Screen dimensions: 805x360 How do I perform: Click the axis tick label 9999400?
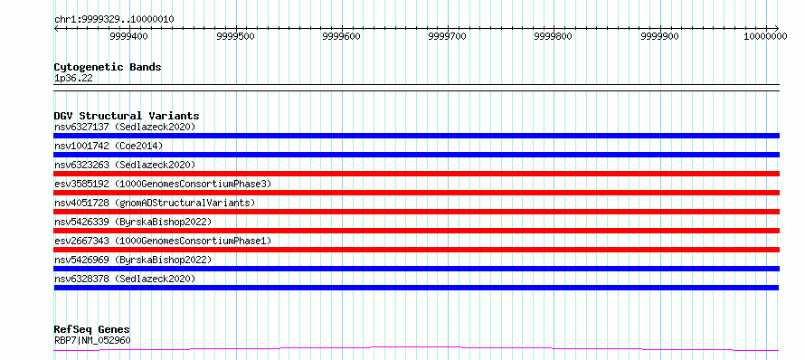(x=129, y=36)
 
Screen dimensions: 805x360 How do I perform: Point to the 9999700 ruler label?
(x=449, y=36)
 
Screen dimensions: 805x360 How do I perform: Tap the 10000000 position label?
(x=765, y=36)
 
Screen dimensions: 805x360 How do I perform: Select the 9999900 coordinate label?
(x=660, y=36)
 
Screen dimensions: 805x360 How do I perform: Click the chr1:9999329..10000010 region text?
(x=114, y=20)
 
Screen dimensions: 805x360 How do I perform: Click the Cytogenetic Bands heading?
(x=108, y=67)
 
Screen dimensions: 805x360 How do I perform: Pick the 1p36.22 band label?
(x=73, y=79)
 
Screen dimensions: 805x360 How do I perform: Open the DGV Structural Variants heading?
(x=127, y=116)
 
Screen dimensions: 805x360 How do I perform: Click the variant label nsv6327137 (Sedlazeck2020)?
(x=125, y=127)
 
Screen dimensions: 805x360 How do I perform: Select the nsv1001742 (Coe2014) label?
(x=109, y=146)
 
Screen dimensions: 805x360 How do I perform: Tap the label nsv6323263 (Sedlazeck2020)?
(x=125, y=165)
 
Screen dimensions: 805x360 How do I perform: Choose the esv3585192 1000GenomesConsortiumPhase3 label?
(x=163, y=184)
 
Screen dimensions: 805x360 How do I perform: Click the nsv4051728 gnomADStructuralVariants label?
(x=155, y=203)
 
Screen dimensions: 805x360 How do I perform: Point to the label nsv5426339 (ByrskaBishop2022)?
(x=133, y=222)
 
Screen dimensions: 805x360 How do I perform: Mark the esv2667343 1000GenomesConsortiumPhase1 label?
(x=163, y=241)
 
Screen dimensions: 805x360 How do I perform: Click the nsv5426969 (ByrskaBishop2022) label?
(x=133, y=260)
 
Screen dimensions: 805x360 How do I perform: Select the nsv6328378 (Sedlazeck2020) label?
(x=125, y=279)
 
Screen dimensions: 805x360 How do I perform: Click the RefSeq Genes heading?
(x=92, y=330)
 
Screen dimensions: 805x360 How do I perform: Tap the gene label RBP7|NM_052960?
(x=92, y=340)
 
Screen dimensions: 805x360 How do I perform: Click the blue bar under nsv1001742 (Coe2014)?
(x=417, y=155)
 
